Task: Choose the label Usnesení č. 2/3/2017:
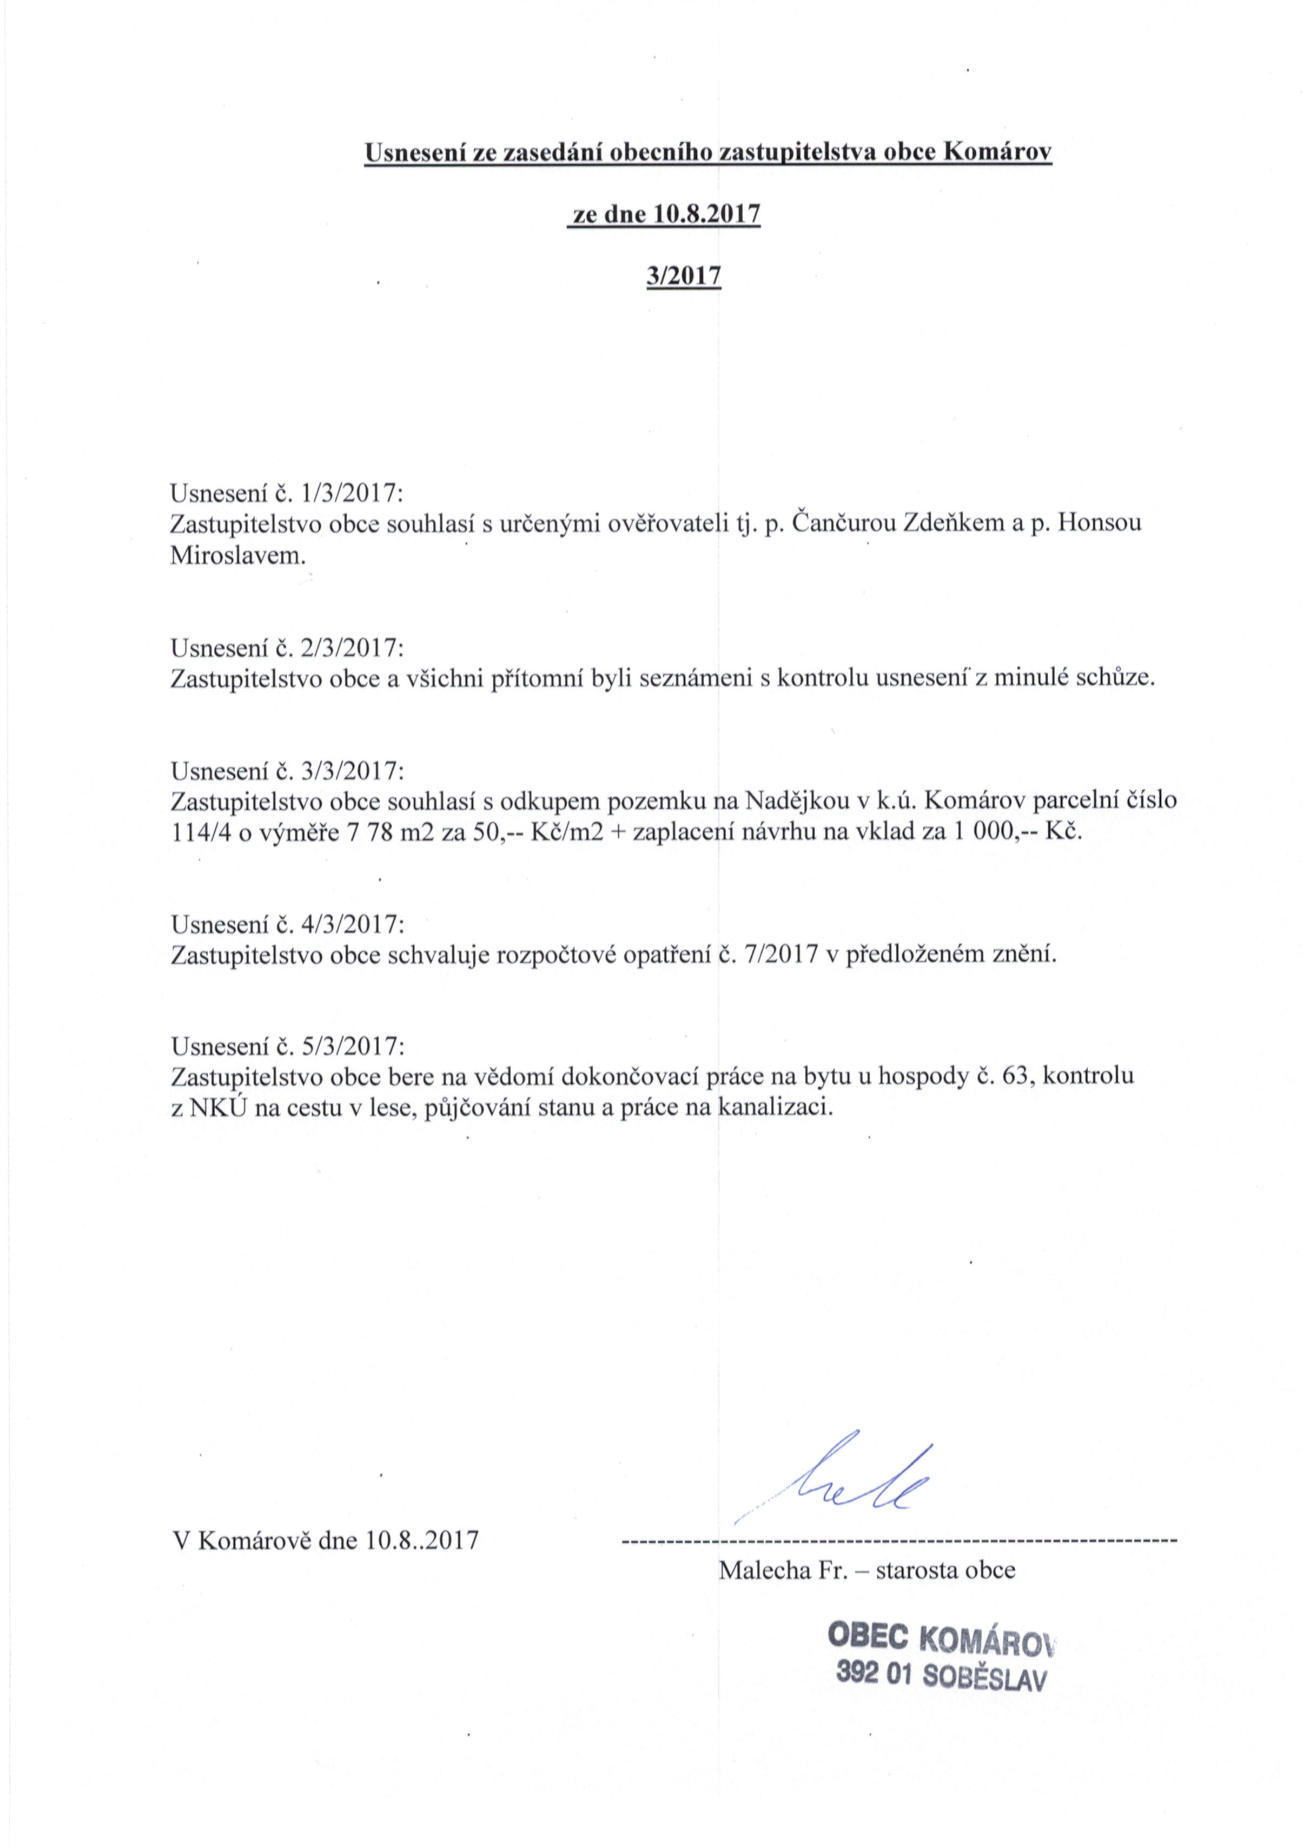[287, 648]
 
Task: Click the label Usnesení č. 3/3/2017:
[287, 771]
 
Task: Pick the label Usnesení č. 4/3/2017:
[287, 924]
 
